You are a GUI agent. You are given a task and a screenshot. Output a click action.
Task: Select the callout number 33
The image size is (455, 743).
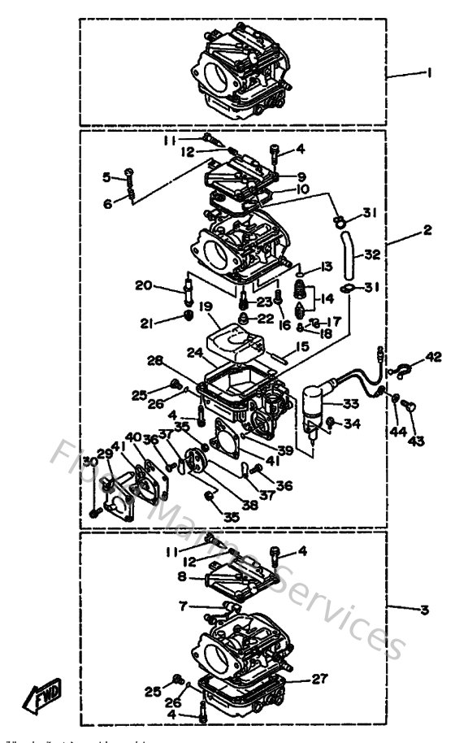(x=350, y=403)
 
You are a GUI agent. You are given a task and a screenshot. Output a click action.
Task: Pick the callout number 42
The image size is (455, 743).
(x=434, y=356)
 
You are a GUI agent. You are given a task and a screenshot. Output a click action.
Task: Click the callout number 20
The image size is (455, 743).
(x=143, y=285)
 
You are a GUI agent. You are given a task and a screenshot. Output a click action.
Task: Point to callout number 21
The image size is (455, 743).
(x=146, y=324)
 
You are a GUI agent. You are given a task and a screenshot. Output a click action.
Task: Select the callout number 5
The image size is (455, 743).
(x=106, y=176)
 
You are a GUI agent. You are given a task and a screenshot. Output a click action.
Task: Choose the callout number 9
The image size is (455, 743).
(x=301, y=176)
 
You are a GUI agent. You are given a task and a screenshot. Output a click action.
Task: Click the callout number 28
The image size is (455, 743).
(x=156, y=360)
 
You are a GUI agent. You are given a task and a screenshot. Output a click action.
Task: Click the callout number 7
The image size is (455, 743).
(x=184, y=605)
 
